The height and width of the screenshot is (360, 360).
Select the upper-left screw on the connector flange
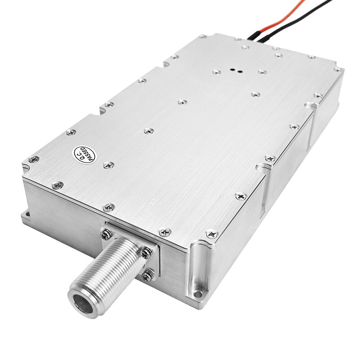[x=107, y=233]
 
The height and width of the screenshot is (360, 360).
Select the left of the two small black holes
[x=232, y=70]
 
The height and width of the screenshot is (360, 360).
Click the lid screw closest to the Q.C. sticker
[x=108, y=165]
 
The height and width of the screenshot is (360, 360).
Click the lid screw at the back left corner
[x=203, y=36]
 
